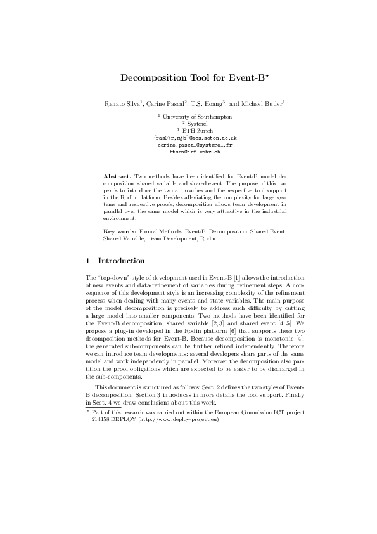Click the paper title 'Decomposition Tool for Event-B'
(x=186, y=79)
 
